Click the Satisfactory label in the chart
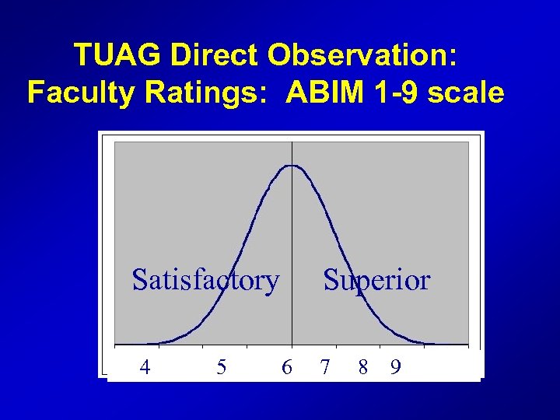205,279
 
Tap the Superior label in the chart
376,279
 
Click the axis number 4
145,366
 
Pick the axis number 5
222,366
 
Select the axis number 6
287,366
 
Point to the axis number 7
325,366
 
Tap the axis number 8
363,366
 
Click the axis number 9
396,366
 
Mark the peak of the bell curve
292,165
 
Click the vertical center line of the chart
292,233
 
